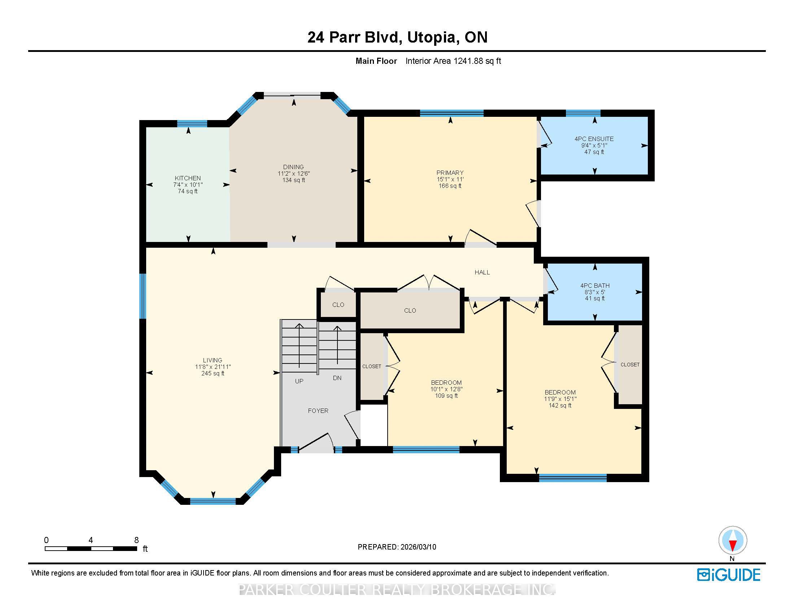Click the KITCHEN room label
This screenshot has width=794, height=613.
188,178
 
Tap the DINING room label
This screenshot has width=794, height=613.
293,167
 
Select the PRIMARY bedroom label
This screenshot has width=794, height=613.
450,172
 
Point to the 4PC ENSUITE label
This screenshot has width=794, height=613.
594,139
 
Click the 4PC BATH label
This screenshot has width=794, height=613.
595,286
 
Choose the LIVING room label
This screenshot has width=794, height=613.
213,360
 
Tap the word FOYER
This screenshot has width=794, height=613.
318,411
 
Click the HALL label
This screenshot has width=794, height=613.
482,272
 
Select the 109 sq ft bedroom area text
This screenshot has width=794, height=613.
446,396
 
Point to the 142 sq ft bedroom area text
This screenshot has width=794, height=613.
560,405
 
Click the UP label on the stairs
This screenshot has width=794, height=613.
299,381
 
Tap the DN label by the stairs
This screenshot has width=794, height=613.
337,378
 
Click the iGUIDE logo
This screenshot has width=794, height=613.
729,574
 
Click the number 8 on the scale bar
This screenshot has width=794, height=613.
136,540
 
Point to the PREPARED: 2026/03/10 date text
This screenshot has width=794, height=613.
397,547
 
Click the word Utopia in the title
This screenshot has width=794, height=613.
431,38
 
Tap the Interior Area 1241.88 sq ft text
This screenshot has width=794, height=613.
453,61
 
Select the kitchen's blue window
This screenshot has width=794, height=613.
192,123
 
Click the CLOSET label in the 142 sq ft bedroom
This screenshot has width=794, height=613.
630,364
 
